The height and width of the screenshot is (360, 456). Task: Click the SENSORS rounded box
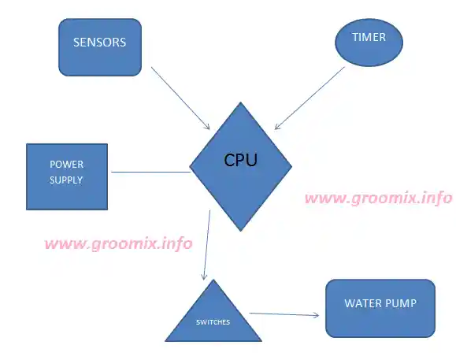100,47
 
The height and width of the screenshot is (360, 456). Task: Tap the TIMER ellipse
369,43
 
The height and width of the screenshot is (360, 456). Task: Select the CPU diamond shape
240,167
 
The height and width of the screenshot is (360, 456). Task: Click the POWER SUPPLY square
67,176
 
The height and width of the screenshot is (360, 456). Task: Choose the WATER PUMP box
380,309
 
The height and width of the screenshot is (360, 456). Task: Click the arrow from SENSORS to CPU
180,98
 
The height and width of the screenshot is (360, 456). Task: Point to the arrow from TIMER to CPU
310,98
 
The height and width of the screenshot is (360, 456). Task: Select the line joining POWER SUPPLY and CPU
151,173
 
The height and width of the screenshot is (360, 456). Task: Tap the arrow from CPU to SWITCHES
207,245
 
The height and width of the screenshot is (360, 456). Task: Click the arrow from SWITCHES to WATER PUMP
284,314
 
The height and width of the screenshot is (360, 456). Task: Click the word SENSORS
100,43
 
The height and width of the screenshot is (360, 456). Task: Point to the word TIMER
369,37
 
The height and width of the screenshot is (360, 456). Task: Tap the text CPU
241,160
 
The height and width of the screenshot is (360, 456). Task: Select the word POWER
67,165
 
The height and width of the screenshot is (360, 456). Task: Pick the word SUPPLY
66,180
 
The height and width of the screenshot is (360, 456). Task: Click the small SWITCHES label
213,322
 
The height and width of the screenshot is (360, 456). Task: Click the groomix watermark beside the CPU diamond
379,199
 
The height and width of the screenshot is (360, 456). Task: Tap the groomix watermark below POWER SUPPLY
119,243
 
